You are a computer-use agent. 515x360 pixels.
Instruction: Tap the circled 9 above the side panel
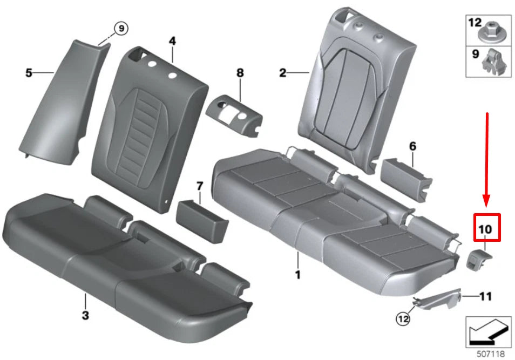coord(120,28)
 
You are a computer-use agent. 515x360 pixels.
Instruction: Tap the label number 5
coord(29,72)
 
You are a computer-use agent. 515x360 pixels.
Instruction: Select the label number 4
coord(172,41)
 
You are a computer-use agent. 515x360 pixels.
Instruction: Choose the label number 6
coord(412,146)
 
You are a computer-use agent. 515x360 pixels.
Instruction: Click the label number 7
coord(199,186)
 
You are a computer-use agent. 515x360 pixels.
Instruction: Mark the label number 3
coord(85,315)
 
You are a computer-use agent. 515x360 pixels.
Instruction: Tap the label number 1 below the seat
coord(297,275)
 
